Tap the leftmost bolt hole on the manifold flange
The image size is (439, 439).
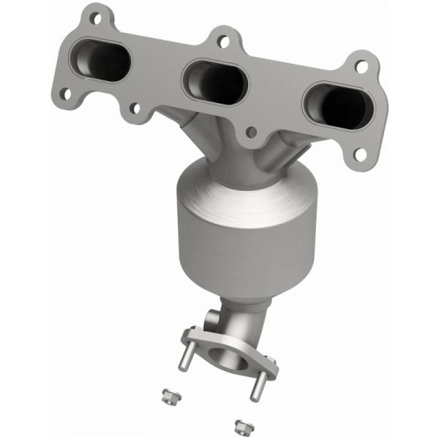click(x=65, y=94)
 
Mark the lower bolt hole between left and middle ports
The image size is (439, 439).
click(x=134, y=109)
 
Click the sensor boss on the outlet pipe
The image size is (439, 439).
click(x=208, y=321)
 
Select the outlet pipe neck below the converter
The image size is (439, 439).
click(x=245, y=318)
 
